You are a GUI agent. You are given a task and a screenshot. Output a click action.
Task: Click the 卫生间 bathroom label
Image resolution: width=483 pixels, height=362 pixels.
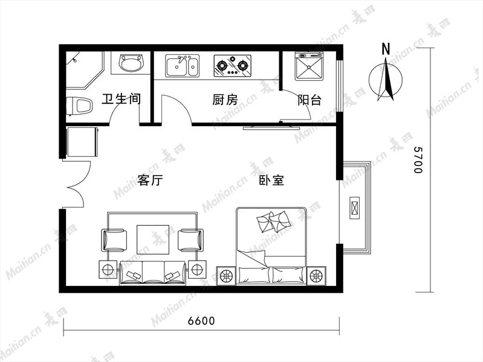tap(121, 99)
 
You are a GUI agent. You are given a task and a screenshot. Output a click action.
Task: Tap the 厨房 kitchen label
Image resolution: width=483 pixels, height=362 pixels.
tap(225, 100)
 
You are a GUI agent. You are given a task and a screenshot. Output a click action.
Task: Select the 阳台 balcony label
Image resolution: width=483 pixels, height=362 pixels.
tap(310, 100)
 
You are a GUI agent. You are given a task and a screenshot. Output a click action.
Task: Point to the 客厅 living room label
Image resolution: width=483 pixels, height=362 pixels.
tap(150, 180)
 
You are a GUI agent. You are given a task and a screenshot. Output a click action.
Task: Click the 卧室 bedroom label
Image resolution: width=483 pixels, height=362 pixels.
tap(271, 180)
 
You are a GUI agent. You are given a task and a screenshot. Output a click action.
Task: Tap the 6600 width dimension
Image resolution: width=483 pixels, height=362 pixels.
tap(201, 321)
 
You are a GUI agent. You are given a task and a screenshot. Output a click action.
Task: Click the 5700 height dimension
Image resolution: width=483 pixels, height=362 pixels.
tap(418, 160)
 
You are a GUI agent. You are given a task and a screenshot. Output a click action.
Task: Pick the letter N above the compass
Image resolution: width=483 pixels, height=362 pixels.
tap(386, 49)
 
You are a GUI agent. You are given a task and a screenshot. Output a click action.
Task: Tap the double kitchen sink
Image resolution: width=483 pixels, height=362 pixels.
tap(182, 66)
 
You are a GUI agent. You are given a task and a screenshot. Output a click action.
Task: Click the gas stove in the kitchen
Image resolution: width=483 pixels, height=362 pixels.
tap(232, 66)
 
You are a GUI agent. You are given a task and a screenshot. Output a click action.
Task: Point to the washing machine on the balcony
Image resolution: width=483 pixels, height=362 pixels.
tap(309, 66)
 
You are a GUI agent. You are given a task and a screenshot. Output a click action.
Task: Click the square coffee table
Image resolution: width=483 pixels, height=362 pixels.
tap(153, 240)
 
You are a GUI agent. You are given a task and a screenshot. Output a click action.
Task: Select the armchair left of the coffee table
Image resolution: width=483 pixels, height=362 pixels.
tap(114, 240)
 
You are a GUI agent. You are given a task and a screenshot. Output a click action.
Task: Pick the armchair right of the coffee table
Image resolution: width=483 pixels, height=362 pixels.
tap(190, 240)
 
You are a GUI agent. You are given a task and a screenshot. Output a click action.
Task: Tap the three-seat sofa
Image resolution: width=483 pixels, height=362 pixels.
tap(153, 273)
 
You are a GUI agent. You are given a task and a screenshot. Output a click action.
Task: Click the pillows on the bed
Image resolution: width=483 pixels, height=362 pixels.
tap(273, 221)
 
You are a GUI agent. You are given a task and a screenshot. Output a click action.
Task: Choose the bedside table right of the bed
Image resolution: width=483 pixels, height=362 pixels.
tap(316, 276)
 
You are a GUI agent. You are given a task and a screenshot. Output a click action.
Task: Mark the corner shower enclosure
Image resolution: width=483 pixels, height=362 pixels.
tap(83, 69)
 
